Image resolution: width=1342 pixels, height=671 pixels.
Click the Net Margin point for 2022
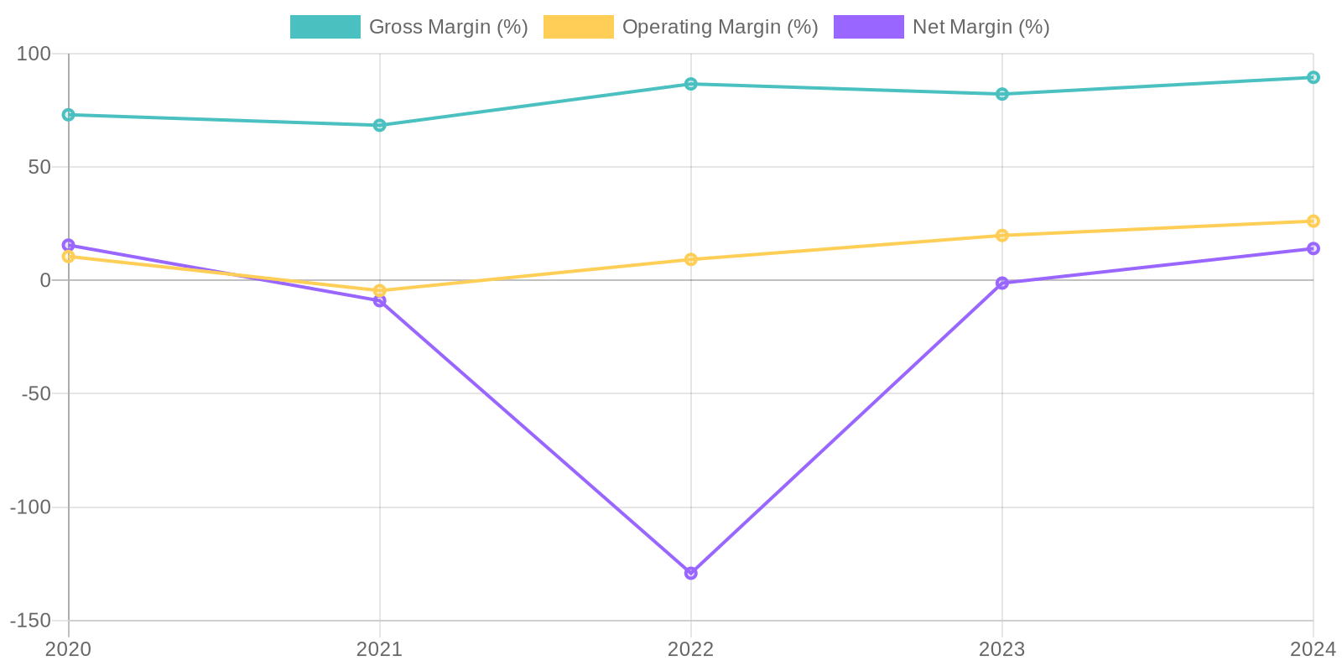[690, 573]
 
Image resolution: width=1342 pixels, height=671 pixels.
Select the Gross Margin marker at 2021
[379, 125]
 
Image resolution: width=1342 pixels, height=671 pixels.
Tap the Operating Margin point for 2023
[1001, 236]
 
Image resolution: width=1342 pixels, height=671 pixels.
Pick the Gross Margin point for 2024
[1313, 77]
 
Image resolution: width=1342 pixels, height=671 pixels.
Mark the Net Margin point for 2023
[1001, 283]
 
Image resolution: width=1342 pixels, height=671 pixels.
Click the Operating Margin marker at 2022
[690, 259]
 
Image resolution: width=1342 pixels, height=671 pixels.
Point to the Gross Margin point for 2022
[690, 84]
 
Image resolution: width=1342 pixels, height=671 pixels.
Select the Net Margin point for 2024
[1313, 248]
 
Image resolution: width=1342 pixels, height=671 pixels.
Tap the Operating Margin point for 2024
[1313, 221]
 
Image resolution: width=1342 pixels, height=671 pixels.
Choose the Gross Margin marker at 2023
[1001, 94]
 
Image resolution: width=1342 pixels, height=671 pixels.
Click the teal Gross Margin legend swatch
[325, 27]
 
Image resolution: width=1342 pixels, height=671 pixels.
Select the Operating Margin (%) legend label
[720, 27]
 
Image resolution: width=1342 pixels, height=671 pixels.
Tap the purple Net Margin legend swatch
[868, 27]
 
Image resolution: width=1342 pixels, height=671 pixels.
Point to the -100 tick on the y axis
[30, 507]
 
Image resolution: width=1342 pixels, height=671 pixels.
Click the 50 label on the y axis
[39, 167]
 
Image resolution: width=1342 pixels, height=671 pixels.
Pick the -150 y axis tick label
[30, 621]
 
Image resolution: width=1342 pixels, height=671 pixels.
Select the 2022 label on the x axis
[690, 649]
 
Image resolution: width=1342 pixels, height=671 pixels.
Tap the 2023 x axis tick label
[1001, 649]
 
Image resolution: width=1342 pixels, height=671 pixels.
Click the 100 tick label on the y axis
[34, 54]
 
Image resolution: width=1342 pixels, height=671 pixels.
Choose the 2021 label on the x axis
[379, 649]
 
